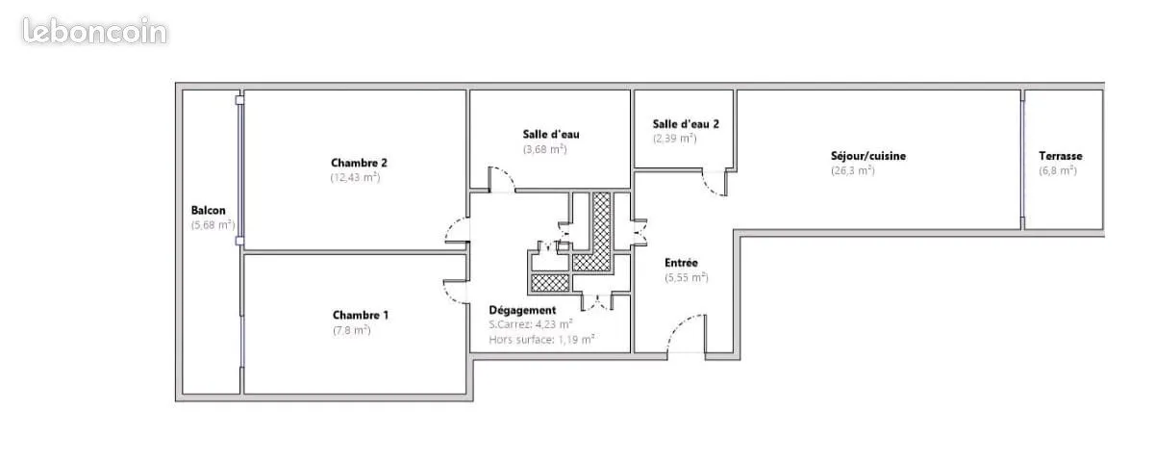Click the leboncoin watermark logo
tap(95, 31)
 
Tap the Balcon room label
tap(208, 211)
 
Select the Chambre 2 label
tap(359, 163)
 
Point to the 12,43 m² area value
tap(355, 177)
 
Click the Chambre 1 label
tap(360, 315)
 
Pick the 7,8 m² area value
tap(352, 330)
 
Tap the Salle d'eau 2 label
tap(686, 124)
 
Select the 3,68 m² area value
tap(545, 149)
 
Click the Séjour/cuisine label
tap(868, 156)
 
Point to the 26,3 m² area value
tap(853, 170)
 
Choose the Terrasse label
tap(1060, 156)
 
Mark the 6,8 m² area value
tap(1058, 170)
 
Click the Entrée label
tap(681, 263)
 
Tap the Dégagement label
tap(522, 310)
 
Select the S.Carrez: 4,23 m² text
tap(531, 325)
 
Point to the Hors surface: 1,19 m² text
tap(541, 340)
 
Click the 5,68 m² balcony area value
tap(213, 225)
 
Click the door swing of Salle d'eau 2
tap(715, 183)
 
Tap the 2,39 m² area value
tap(675, 139)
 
